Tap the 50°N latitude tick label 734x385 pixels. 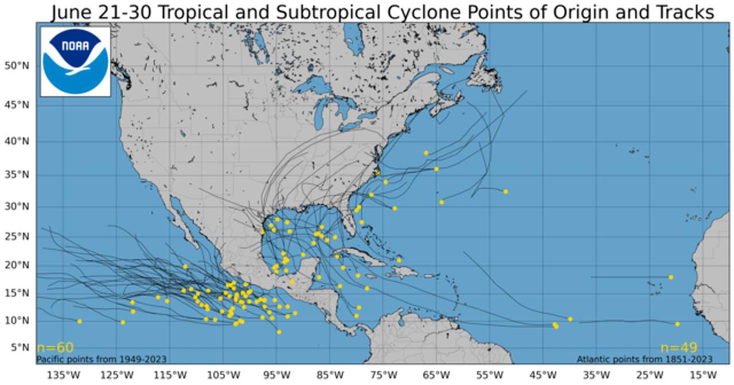click(x=17, y=66)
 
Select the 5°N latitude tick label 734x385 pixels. click(x=19, y=347)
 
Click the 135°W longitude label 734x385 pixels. click(x=63, y=375)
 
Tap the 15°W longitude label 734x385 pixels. click(x=702, y=375)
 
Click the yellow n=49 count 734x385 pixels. click(x=678, y=348)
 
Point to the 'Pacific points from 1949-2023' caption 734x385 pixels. click(x=101, y=359)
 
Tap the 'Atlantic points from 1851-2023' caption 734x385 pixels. click(x=645, y=359)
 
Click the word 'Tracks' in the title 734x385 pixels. click(x=682, y=13)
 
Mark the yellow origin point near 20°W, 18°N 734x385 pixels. click(x=671, y=277)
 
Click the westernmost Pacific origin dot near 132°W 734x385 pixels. click(x=80, y=321)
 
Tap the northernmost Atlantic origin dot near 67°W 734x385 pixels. click(x=426, y=153)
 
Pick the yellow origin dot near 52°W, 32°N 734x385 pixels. click(x=505, y=191)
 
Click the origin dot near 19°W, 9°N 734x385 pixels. click(x=677, y=324)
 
